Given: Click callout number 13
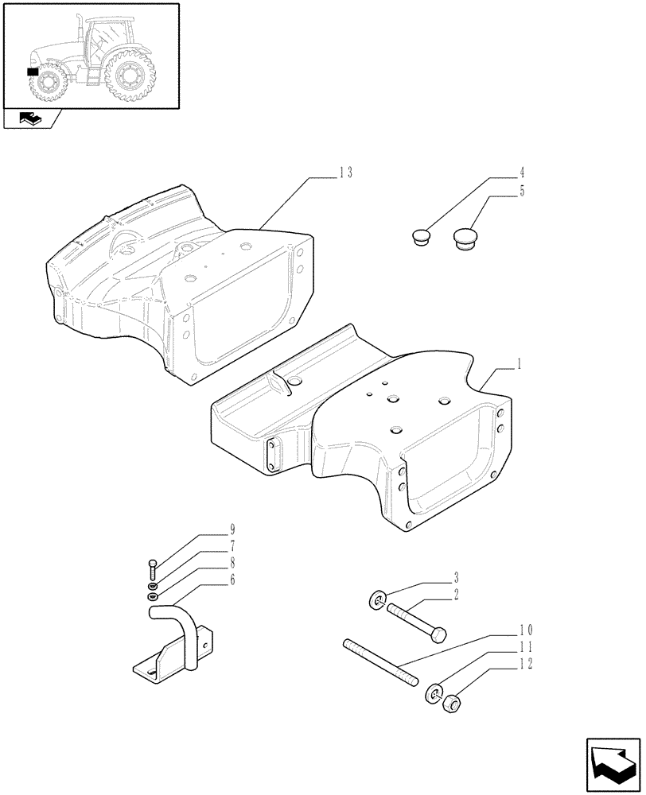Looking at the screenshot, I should point(344,173).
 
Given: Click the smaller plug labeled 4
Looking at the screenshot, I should point(422,236).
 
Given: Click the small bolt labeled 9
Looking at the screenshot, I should point(152,568).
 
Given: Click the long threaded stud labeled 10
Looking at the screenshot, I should point(379,659).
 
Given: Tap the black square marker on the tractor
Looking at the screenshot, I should point(33,72).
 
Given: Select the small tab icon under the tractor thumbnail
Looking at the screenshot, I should point(30,121).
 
